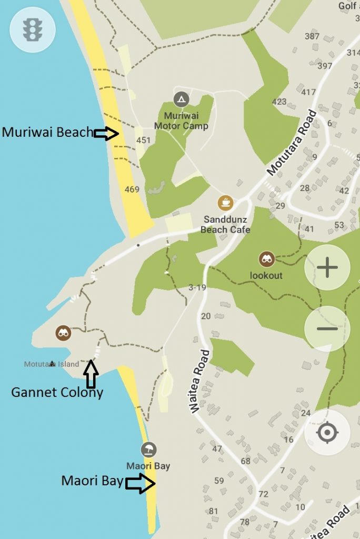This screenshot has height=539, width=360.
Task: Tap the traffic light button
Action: click(32, 29)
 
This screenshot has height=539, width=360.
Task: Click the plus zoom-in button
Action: click(327, 268)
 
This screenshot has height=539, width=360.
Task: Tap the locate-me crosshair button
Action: click(327, 433)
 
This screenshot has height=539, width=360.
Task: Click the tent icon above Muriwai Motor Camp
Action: click(181, 98)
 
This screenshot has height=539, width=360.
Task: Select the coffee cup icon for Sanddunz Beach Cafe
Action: click(225, 202)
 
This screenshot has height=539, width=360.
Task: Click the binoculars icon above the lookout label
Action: click(266, 259)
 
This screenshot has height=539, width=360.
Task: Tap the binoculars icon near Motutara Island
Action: click(64, 333)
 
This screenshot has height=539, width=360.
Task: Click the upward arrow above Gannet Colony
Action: click(92, 373)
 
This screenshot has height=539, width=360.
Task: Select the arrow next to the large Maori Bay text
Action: click(141, 483)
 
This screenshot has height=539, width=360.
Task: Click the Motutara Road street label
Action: click(292, 143)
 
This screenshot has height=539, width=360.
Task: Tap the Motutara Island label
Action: click(52, 364)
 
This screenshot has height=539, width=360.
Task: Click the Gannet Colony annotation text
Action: click(57, 392)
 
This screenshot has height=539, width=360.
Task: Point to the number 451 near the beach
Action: click(143, 141)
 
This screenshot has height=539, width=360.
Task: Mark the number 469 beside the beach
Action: click(132, 189)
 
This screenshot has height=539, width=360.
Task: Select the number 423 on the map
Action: click(279, 102)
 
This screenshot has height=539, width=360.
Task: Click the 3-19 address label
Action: click(197, 287)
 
